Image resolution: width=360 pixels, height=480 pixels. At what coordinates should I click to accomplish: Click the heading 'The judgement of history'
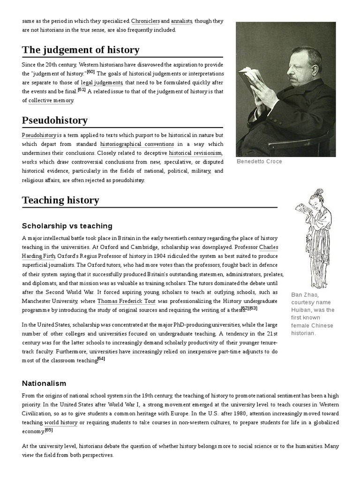[80, 50]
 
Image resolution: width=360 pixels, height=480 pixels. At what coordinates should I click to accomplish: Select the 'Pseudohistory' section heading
[54, 120]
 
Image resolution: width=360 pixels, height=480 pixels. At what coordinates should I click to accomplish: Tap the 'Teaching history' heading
[60, 200]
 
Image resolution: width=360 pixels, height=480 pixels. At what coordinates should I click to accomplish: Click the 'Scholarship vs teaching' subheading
[67, 226]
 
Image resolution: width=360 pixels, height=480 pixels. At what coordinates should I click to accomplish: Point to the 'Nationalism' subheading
[44, 383]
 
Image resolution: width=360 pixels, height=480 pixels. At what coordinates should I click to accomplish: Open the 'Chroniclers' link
[145, 22]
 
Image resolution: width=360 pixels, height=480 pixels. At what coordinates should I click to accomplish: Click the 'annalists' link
[181, 22]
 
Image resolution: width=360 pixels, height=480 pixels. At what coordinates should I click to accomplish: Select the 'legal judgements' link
[101, 82]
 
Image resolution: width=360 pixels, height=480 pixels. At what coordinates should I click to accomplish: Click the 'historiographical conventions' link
[137, 144]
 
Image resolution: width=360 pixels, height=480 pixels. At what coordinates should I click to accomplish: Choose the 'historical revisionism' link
[195, 153]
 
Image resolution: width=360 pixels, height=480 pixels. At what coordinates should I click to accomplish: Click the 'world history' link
[61, 422]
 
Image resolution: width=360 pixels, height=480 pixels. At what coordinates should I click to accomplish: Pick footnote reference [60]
[91, 72]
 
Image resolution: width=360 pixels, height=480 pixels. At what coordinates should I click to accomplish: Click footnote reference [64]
[101, 359]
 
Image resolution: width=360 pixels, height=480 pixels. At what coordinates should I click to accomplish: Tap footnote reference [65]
[49, 430]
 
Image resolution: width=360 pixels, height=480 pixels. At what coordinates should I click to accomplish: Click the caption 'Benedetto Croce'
[260, 161]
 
